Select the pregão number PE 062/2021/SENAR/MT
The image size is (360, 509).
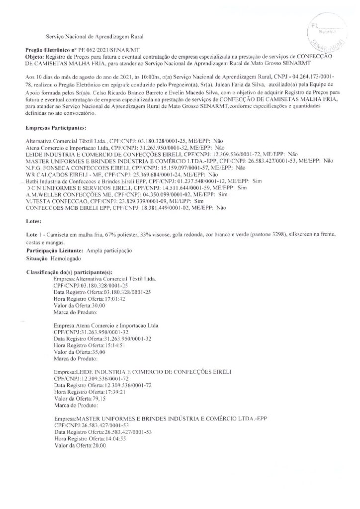click(101, 51)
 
